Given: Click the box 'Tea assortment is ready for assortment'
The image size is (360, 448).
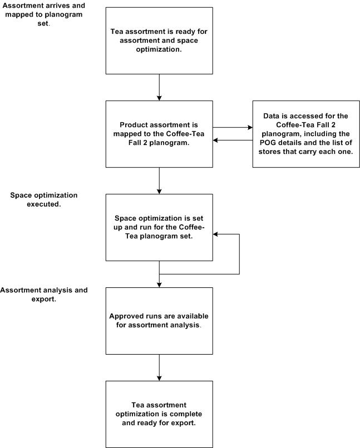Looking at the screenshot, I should (x=159, y=41).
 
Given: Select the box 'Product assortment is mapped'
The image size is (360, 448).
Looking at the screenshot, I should (x=159, y=134).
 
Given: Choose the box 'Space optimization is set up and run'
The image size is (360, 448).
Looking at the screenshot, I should (x=159, y=227).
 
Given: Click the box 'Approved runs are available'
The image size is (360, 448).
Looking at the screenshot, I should (x=159, y=321).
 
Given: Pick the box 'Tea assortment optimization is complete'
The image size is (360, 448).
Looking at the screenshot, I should (x=159, y=414).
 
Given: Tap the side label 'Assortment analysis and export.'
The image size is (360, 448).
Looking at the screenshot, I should (x=44, y=294).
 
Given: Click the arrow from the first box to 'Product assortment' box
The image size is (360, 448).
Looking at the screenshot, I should (x=159, y=87).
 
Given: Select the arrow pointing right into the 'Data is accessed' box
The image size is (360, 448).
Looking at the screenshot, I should (x=232, y=128).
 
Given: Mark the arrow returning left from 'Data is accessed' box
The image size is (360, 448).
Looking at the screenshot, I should (x=232, y=140).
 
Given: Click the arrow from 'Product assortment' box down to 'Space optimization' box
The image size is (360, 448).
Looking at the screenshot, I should (x=159, y=181).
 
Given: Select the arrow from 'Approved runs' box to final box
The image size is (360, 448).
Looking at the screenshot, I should (x=159, y=367).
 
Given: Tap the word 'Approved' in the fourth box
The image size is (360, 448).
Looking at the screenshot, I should (x=126, y=316).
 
